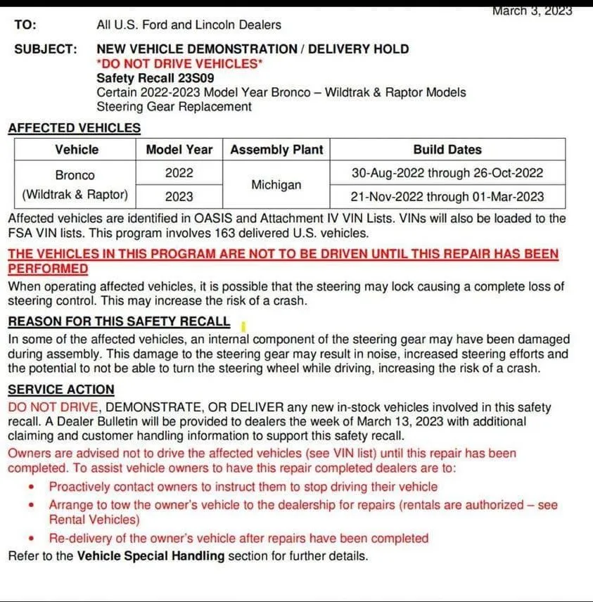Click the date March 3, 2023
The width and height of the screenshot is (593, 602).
coord(532,11)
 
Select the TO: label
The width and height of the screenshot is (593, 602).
coord(25,25)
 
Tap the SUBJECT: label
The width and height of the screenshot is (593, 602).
coord(45,49)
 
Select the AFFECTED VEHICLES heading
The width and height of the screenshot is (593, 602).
coord(74,128)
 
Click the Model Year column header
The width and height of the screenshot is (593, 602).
coord(179,150)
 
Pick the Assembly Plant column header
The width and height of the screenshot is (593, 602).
coord(276,150)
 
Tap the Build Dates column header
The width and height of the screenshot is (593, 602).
coord(447,150)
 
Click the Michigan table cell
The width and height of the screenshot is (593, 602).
coord(276,185)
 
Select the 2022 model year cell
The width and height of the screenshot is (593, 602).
coord(179,173)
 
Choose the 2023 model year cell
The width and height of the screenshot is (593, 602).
coord(179,196)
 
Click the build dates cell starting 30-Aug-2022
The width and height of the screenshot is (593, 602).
coord(447,173)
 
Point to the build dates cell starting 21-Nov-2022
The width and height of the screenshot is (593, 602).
coord(447,196)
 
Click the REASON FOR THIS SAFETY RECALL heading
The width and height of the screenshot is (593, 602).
coord(119,322)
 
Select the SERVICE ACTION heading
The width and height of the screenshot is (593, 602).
coord(61,390)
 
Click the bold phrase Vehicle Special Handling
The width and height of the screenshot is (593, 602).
coord(151,556)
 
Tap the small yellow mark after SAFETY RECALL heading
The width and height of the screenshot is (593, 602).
coord(242,326)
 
